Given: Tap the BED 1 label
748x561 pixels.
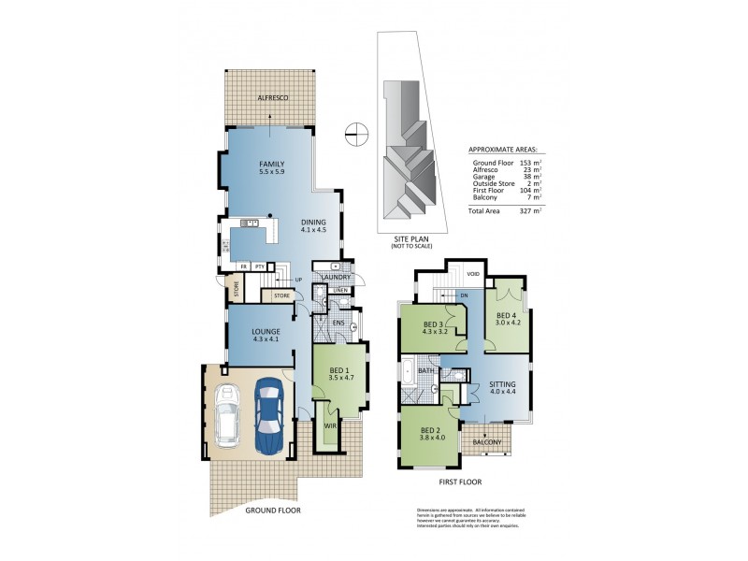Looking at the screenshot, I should point(339,371).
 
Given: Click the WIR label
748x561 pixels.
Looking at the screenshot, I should point(329,426).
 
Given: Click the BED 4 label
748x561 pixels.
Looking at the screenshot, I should point(508,315).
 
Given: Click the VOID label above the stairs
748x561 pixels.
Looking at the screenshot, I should point(474,275).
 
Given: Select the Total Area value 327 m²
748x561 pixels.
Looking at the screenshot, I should point(531,212).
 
